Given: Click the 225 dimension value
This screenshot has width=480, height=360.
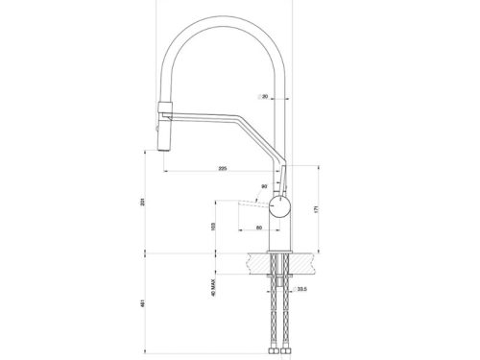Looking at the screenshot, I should point(223,169).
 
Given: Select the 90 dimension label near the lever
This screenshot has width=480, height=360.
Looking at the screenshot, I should point(264,186).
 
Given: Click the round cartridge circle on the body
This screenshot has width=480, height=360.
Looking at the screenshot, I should point(279,207).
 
